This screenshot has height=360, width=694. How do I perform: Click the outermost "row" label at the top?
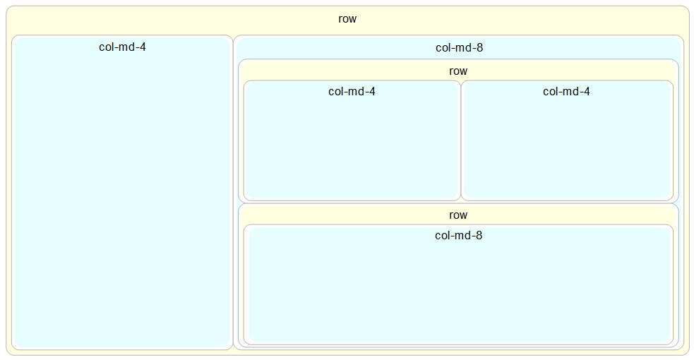(347, 19)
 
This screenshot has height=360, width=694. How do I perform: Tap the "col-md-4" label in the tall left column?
(122, 47)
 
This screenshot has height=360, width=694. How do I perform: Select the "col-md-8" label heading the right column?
(459, 48)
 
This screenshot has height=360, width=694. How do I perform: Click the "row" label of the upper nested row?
(458, 71)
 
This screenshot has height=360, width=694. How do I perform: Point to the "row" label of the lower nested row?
(458, 215)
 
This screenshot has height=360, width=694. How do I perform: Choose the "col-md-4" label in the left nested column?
(352, 91)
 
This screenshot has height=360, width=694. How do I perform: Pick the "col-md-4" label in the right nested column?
(566, 91)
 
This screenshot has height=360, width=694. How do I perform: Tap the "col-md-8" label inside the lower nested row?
(458, 235)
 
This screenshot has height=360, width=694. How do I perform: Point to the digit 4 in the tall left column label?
(143, 47)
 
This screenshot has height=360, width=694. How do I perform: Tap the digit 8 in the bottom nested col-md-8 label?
(479, 235)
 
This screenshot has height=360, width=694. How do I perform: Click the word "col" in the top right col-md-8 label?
(443, 48)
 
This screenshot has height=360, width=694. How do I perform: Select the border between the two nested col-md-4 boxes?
(461, 141)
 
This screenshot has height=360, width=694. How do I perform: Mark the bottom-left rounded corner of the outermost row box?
(8, 353)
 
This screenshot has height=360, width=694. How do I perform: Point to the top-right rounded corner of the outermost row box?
(687, 8)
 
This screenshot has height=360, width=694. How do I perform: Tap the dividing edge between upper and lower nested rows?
(458, 203)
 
